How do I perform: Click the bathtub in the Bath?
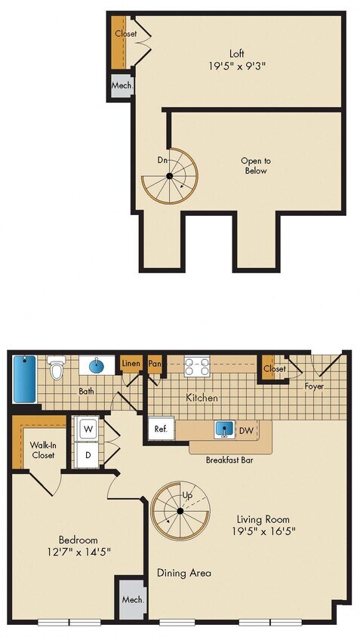coord(22,379)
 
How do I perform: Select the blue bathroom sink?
coord(97,366)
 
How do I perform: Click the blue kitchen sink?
coord(223,429)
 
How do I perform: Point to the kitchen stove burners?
coord(197,367)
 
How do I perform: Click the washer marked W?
coord(87,428)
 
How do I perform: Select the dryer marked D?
coord(87,455)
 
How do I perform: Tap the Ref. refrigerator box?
coord(161,429)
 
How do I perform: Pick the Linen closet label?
coord(131,365)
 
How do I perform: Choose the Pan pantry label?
coord(155,365)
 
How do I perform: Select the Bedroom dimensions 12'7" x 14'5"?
coord(79,552)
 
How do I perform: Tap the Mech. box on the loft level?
coord(122,86)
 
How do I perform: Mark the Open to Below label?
coord(255,166)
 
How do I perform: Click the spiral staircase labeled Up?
coord(180,511)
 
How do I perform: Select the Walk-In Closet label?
coord(42,450)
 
